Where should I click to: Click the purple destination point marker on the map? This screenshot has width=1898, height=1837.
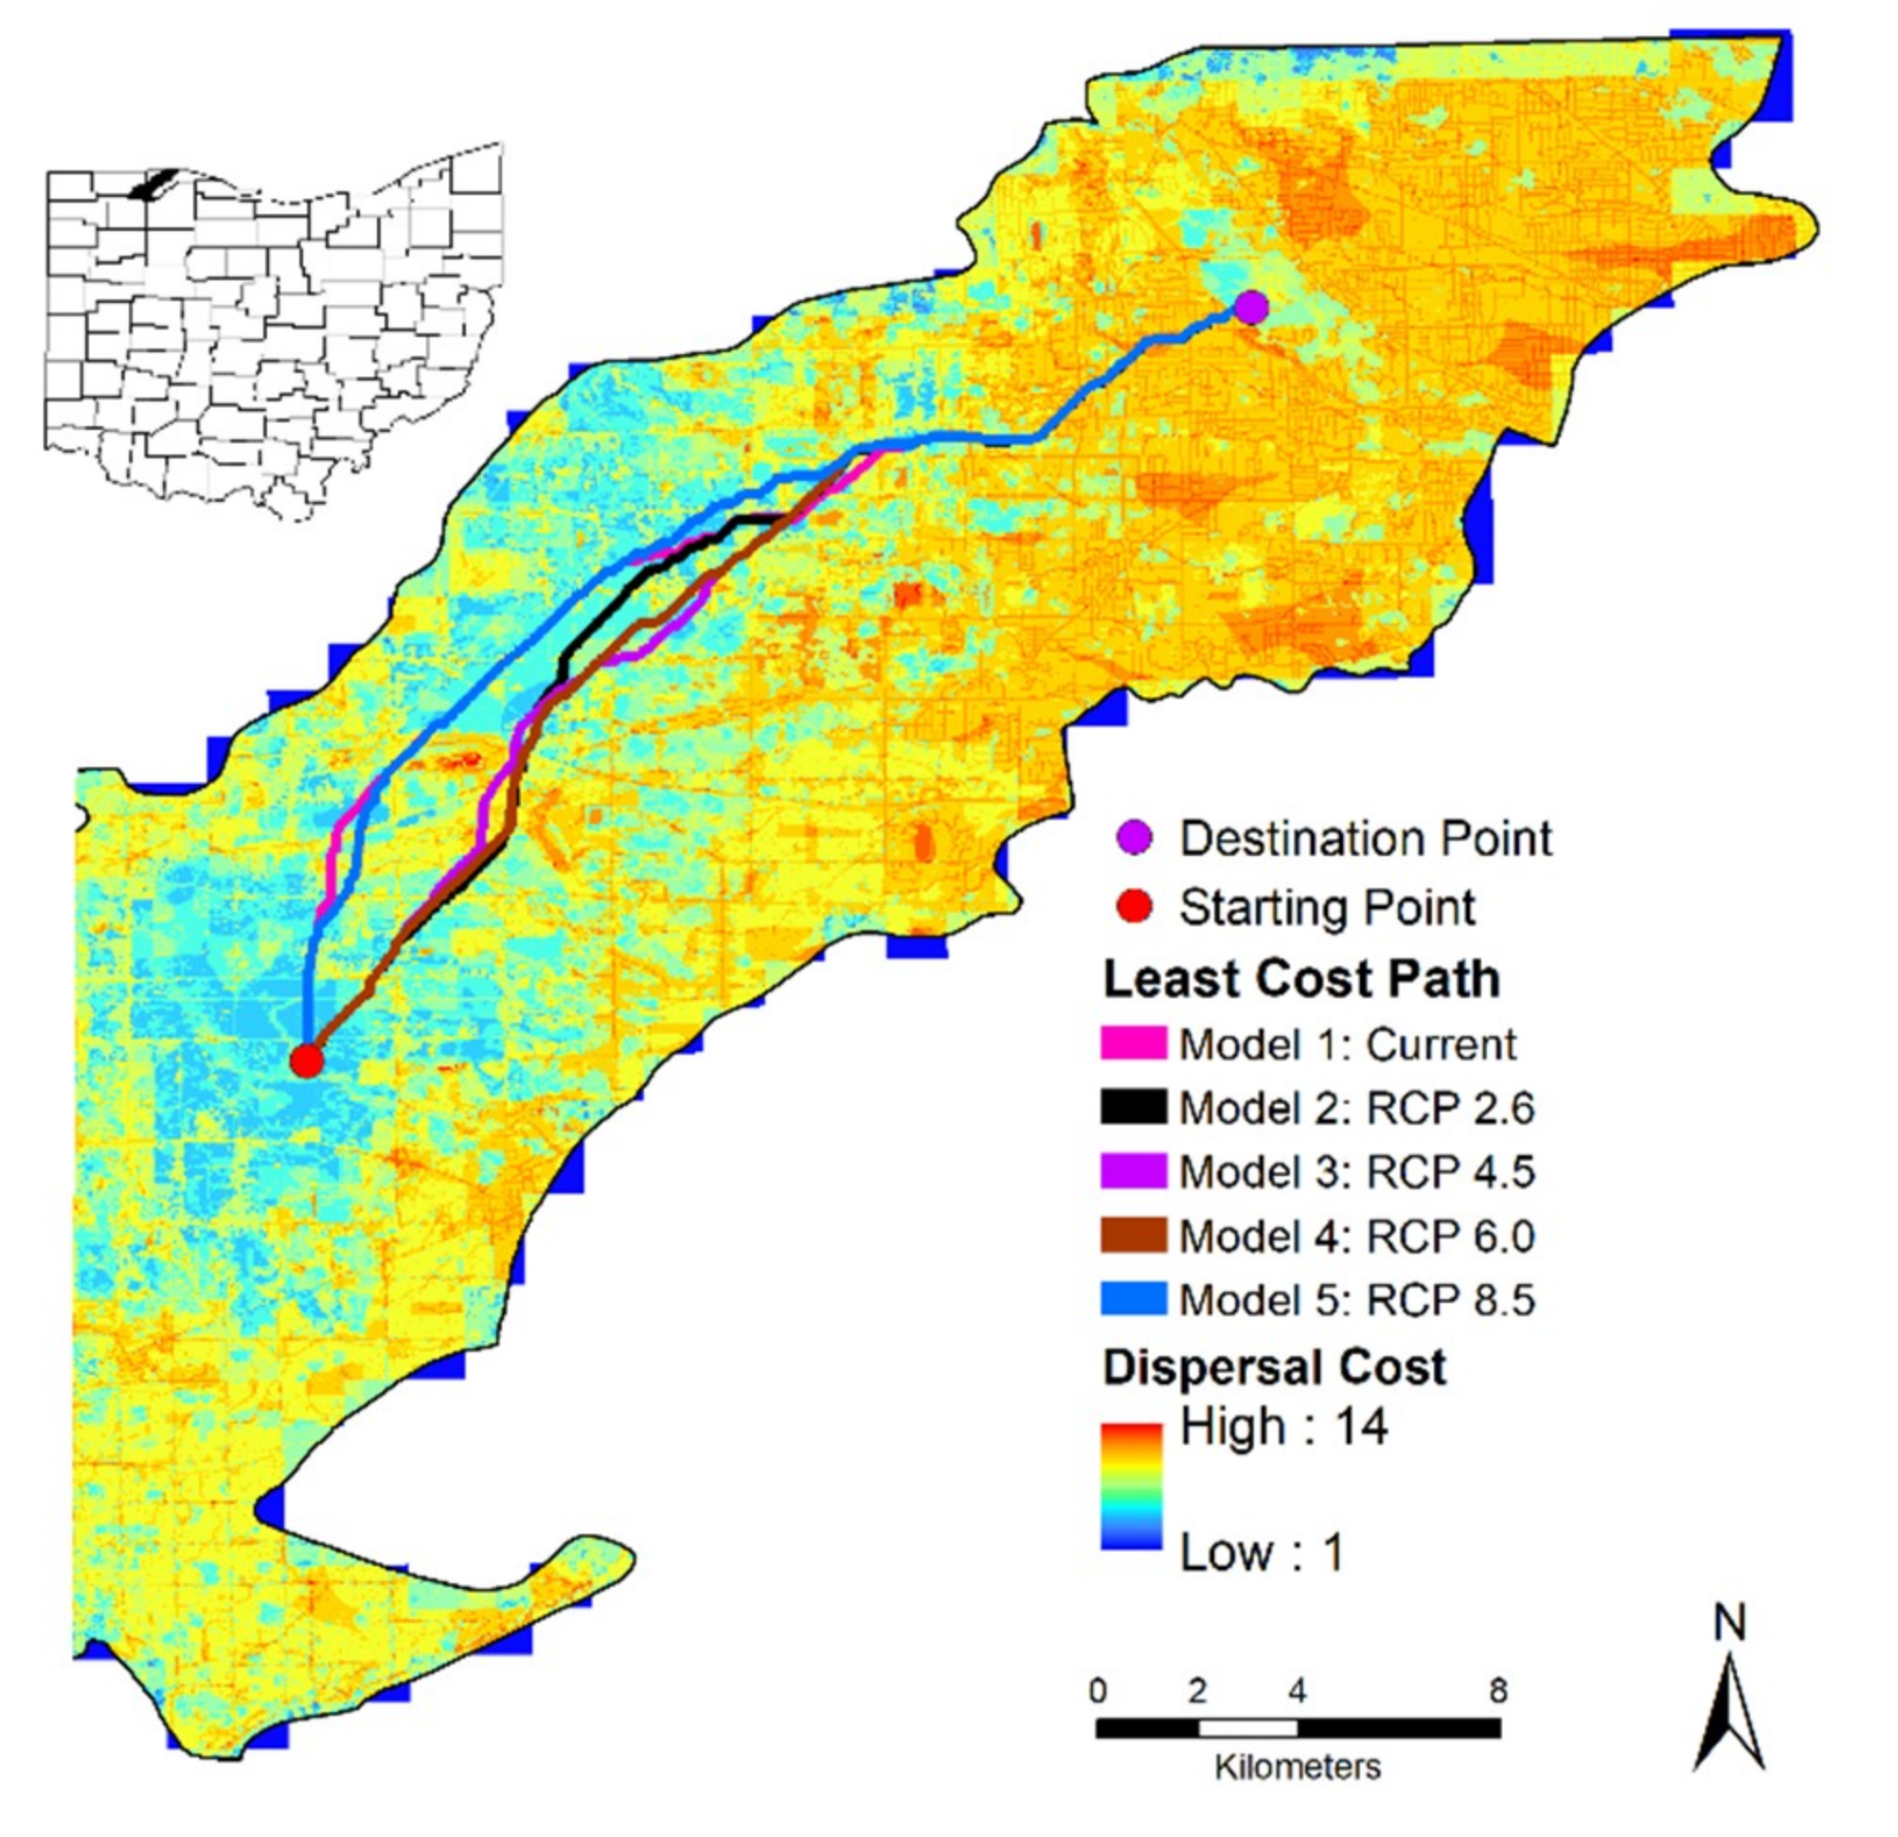click(1251, 308)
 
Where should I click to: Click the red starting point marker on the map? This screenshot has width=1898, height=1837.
click(306, 1061)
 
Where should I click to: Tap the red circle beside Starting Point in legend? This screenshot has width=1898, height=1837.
click(1134, 907)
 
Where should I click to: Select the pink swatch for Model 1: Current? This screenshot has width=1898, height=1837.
click(1133, 1043)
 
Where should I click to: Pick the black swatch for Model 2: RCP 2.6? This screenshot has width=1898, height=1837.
click(1133, 1107)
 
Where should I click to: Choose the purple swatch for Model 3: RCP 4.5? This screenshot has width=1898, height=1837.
click(1133, 1170)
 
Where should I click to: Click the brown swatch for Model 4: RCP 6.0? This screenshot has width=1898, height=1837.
click(1133, 1235)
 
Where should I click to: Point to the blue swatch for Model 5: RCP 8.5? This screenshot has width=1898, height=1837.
click(1133, 1298)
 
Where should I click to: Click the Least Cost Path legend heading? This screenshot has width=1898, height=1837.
click(1301, 979)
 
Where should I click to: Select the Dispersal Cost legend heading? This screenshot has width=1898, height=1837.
click(1275, 1367)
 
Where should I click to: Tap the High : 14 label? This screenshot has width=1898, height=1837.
click(1283, 1426)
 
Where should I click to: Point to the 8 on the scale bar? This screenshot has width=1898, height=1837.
click(1499, 1691)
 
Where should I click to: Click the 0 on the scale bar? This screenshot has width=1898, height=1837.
click(1097, 1691)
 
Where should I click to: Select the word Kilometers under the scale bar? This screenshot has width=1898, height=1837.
click(1298, 1767)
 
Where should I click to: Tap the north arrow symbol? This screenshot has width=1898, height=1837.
click(1729, 1711)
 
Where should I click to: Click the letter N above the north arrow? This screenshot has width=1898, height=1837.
click(1729, 1623)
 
